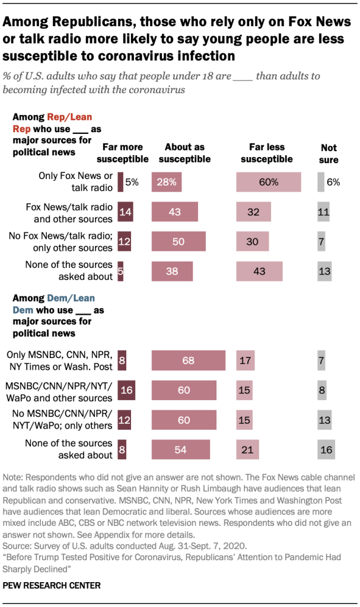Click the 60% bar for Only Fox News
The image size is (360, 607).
[268, 182]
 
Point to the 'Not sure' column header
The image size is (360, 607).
[329, 152]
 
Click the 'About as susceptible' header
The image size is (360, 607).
[185, 152]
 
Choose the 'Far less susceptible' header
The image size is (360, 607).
[267, 152]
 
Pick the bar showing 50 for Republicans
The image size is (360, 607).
[179, 241]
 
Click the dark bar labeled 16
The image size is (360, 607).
[126, 391]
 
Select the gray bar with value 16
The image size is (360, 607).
[324, 450]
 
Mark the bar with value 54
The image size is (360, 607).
[180, 450]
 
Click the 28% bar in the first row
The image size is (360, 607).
[167, 182]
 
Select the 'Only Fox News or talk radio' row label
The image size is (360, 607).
[75, 181]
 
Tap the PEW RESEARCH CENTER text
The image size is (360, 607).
[52, 585]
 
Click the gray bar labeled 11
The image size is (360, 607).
[323, 212]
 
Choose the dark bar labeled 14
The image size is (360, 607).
[125, 212]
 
